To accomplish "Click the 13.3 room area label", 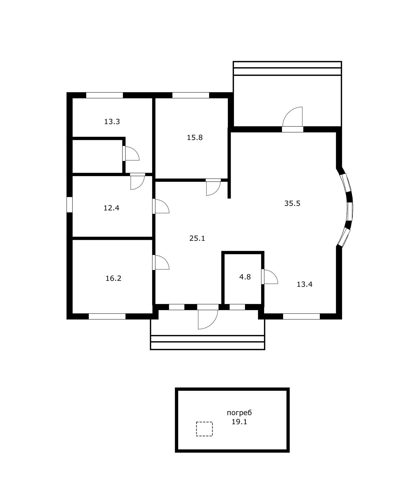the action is (112, 122).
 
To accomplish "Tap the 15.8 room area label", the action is (195, 137).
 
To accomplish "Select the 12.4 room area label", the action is (111, 208).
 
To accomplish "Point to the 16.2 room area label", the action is (113, 278).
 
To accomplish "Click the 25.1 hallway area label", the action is (197, 238).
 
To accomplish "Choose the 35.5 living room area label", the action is (292, 203).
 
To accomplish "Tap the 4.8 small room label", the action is (245, 277).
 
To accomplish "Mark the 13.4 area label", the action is (304, 284).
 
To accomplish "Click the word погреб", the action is (239, 413).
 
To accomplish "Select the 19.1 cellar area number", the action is (239, 422).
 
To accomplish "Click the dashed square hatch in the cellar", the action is (204, 429).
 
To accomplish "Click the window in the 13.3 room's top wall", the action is (104, 95).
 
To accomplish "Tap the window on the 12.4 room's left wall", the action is (69, 204).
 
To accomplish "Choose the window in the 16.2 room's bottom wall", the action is (107, 316).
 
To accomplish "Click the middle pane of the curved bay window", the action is (350, 211).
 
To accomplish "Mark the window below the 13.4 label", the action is (301, 316).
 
